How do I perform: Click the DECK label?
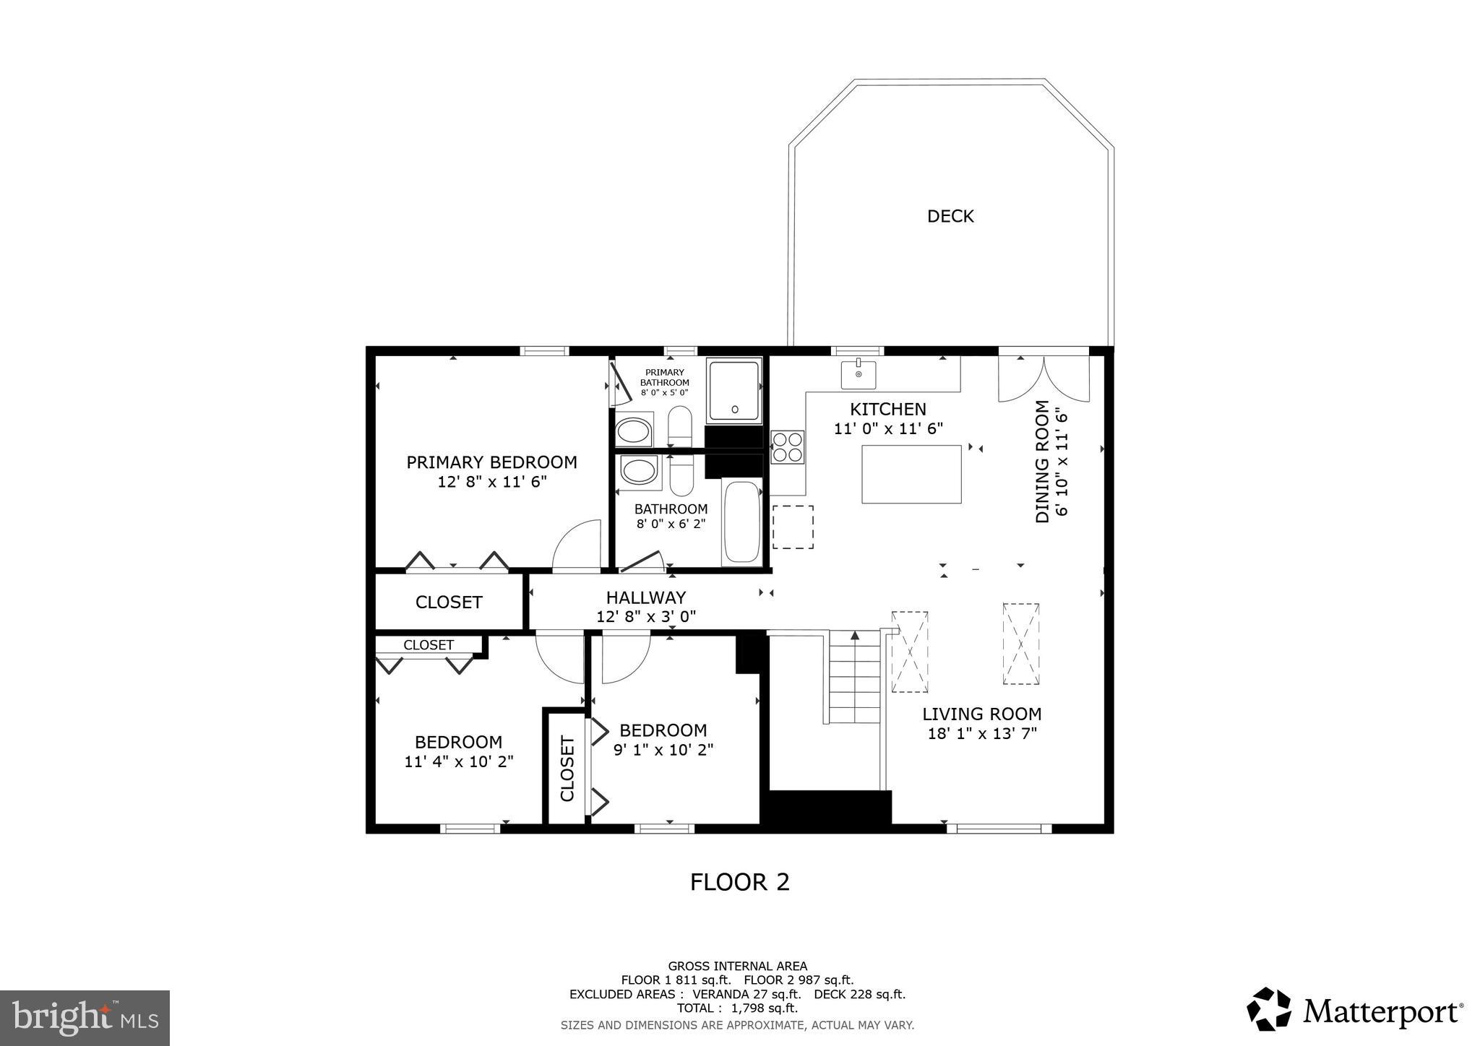pyautogui.click(x=950, y=216)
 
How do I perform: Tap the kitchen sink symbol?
pyautogui.click(x=858, y=374)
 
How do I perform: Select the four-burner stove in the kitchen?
pyautogui.click(x=787, y=446)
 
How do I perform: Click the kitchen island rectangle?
pyautogui.click(x=911, y=474)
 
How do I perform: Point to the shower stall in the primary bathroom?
pyautogui.click(x=734, y=391)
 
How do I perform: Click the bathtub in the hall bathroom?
pyautogui.click(x=741, y=522)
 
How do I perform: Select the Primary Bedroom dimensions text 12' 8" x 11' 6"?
pyautogui.click(x=491, y=482)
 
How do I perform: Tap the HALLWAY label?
pyautogui.click(x=645, y=597)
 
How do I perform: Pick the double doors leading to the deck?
pyautogui.click(x=1044, y=378)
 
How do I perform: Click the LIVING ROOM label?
pyautogui.click(x=981, y=714)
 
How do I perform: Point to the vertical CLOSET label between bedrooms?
pyautogui.click(x=567, y=769)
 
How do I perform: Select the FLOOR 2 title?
pyautogui.click(x=739, y=882)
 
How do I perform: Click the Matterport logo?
pyautogui.click(x=1355, y=1009)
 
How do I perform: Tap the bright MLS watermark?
pyautogui.click(x=85, y=1018)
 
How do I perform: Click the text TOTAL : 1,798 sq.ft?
pyautogui.click(x=737, y=1008)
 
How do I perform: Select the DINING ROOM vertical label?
pyautogui.click(x=1042, y=462)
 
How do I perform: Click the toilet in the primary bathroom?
pyautogui.click(x=679, y=426)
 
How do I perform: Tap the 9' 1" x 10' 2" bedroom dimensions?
pyautogui.click(x=663, y=750)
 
